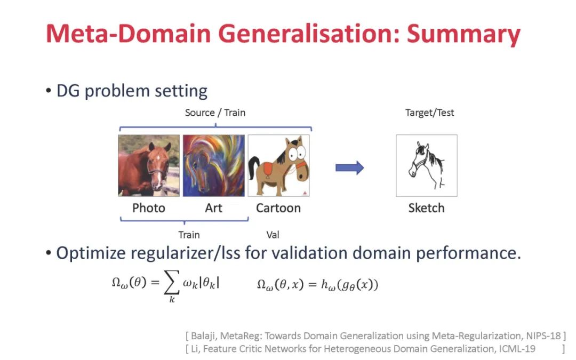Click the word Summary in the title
463,35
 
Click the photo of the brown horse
149,165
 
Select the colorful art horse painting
213,165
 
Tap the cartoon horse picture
278,165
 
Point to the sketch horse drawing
426,165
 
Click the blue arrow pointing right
349,168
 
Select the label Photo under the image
149,208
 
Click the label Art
213,208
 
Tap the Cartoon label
278,208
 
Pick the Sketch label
426,208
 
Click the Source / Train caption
215,113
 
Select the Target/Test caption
430,113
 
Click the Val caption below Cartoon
273,235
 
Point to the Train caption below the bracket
189,235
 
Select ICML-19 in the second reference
514,348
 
